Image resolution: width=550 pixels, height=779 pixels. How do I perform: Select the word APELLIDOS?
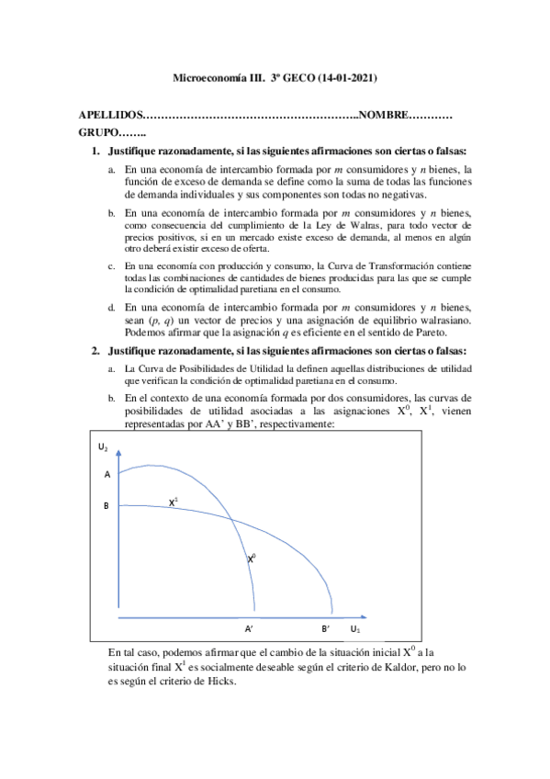(111, 116)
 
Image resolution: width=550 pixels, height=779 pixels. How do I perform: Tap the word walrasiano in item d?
(445, 320)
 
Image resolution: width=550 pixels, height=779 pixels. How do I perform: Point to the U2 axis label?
(103, 447)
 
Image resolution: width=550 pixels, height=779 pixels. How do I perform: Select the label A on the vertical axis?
(107, 475)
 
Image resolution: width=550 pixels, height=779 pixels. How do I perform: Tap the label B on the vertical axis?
(107, 505)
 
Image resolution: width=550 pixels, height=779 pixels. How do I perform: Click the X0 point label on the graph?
(253, 557)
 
